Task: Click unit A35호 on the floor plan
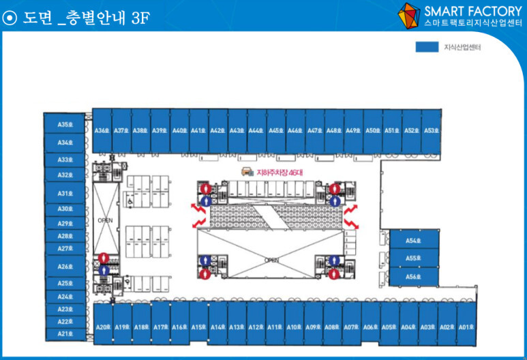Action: point(65,125)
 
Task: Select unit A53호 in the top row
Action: point(430,130)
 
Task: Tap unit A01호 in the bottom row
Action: point(466,327)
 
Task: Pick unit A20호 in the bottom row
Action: point(103,327)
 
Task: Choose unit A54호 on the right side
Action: point(412,241)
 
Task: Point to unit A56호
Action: point(412,277)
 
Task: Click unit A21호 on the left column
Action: point(65,334)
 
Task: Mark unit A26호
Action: point(65,267)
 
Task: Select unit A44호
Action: point(256,130)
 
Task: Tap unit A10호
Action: point(294,327)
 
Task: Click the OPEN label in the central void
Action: point(272,260)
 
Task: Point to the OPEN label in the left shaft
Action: point(104,220)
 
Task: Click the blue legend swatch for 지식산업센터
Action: point(426,48)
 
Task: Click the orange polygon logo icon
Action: point(409,15)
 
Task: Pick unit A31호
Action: point(65,194)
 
